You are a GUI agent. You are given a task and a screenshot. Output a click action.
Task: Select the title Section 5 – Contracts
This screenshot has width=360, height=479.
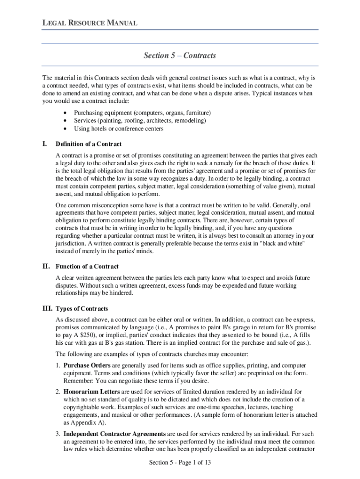point(180,56)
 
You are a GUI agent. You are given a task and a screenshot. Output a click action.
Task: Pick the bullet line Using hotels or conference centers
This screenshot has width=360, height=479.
point(119,129)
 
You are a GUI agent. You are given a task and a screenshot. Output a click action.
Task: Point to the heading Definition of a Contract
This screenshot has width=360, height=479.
point(88,144)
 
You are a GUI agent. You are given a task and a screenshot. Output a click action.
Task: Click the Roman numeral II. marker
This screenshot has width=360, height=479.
point(46,267)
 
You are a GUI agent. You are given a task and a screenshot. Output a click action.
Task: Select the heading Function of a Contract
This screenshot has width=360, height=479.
point(87,267)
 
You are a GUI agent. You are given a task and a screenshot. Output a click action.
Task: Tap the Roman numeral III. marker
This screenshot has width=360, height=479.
point(47,309)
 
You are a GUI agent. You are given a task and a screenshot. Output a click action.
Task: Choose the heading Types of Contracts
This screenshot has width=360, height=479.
point(82,309)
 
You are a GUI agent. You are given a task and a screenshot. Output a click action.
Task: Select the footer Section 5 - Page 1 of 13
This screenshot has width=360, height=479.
point(180,463)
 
